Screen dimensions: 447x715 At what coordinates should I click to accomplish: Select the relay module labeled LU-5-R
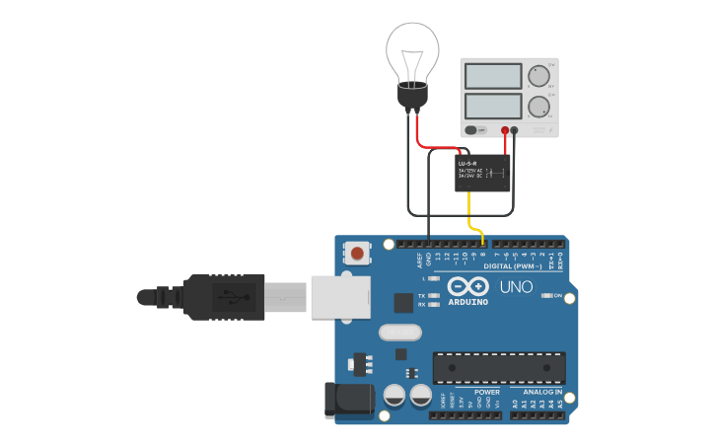click(x=482, y=173)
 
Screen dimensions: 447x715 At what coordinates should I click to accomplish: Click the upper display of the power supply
click(x=492, y=75)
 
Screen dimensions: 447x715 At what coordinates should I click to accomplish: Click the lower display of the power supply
click(x=492, y=104)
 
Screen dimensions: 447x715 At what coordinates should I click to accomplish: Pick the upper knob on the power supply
click(x=538, y=76)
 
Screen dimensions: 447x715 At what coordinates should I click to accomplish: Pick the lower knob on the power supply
click(x=538, y=107)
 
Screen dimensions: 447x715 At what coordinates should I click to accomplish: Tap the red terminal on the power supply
click(x=504, y=130)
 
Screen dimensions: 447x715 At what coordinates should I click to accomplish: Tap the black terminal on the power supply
click(x=515, y=130)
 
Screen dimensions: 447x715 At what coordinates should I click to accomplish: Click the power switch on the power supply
click(x=475, y=130)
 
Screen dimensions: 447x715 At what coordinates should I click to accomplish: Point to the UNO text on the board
click(x=515, y=287)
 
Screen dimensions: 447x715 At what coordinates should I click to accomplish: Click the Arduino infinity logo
click(x=467, y=285)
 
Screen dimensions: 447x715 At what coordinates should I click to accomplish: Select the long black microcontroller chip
click(x=499, y=367)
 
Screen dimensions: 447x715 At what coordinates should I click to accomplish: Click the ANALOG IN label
click(x=536, y=392)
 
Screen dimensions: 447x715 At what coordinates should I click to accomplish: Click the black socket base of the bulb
click(x=412, y=96)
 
